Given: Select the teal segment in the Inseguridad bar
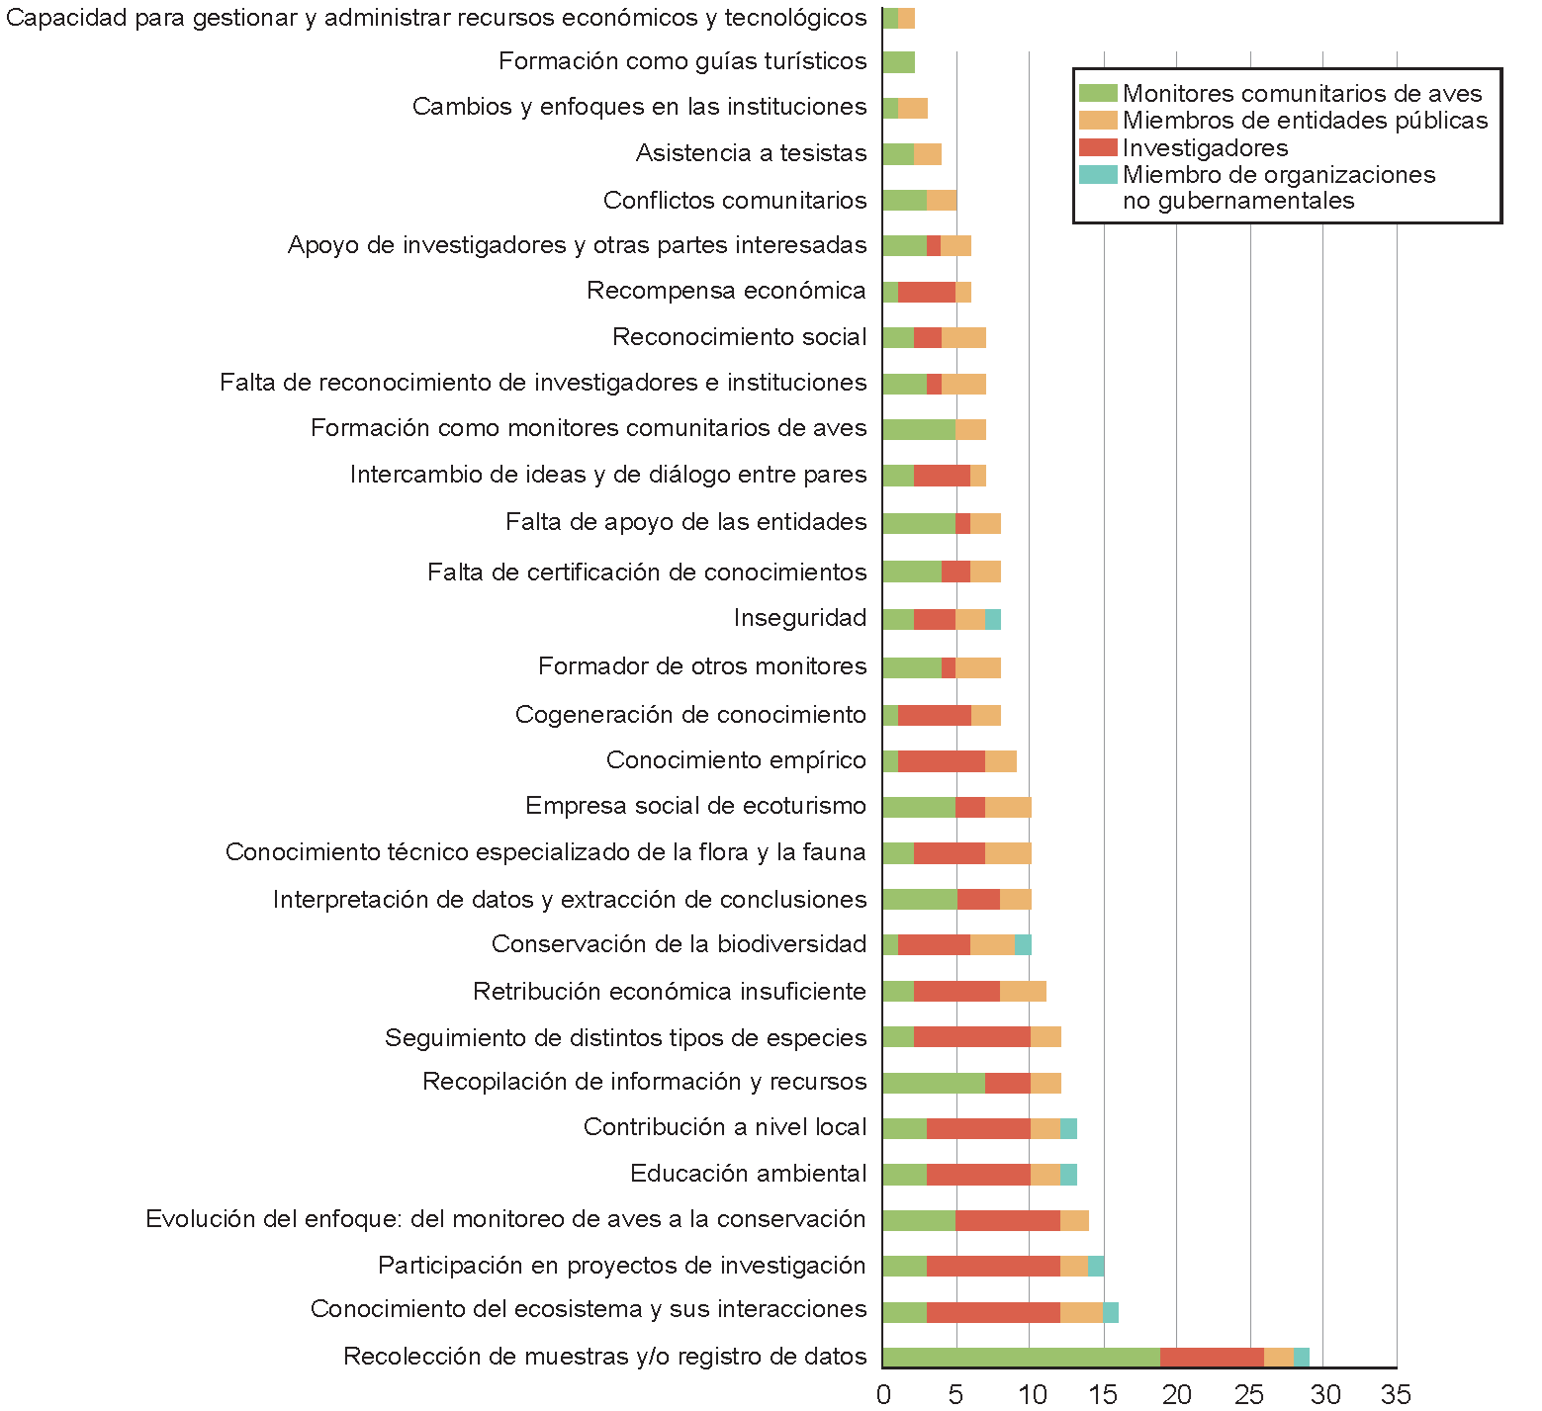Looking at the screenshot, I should click(x=993, y=620).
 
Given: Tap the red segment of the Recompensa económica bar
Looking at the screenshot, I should click(x=927, y=292).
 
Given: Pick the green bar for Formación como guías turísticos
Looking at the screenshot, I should click(x=898, y=62).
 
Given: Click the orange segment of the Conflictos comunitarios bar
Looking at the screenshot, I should click(x=942, y=201).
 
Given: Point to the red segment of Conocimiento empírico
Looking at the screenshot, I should click(x=942, y=761).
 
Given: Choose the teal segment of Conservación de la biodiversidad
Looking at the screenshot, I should click(x=1023, y=945).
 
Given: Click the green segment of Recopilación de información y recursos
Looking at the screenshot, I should click(x=934, y=1083).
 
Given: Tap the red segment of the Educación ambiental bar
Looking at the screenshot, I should click(x=978, y=1175).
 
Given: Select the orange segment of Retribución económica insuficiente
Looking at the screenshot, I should click(x=1023, y=992).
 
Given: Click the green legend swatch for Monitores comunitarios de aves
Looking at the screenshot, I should click(x=1097, y=94).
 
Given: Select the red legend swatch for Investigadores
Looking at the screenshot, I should click(x=1097, y=148).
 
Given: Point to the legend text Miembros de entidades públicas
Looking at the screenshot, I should click(x=1305, y=121).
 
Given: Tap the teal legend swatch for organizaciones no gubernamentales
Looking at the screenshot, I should click(x=1097, y=175).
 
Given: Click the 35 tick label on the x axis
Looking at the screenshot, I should click(x=1396, y=1394).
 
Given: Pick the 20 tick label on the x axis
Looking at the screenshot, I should click(x=1177, y=1394).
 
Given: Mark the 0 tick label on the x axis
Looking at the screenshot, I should click(x=883, y=1394).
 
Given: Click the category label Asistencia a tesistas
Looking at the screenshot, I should click(x=751, y=153).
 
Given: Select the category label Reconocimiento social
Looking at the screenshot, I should click(x=739, y=337).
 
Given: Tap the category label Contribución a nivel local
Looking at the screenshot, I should click(x=725, y=1127).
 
